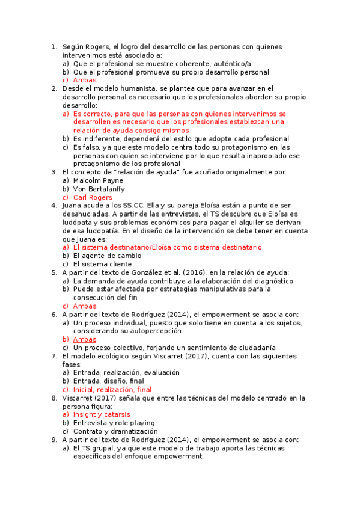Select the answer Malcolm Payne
(x=98, y=180)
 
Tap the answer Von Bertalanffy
(x=99, y=189)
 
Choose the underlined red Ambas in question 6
(x=85, y=339)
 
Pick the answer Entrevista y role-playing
(x=114, y=423)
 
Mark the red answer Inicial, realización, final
(x=112, y=389)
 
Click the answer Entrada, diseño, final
(x=108, y=381)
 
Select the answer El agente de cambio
(x=107, y=256)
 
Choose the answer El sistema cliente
(x=102, y=264)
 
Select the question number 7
(x=53, y=356)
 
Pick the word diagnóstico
(x=271, y=281)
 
